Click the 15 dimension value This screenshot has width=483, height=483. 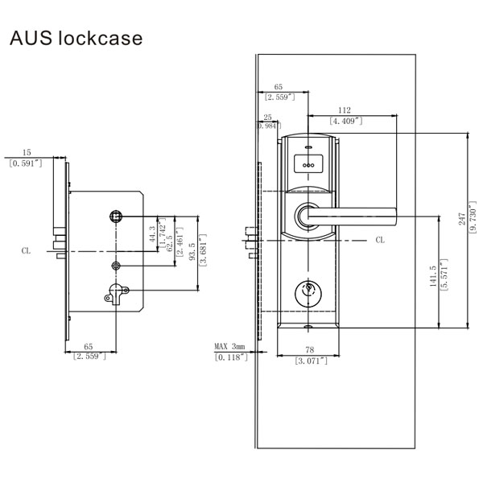tap(27, 151)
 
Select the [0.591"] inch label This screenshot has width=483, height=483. tap(27, 163)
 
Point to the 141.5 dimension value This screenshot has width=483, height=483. tap(432, 277)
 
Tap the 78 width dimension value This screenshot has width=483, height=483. tap(310, 349)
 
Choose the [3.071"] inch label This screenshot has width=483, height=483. tap(310, 361)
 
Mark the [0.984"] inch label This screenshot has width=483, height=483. tap(268, 126)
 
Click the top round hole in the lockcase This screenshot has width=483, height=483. tap(116, 217)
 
